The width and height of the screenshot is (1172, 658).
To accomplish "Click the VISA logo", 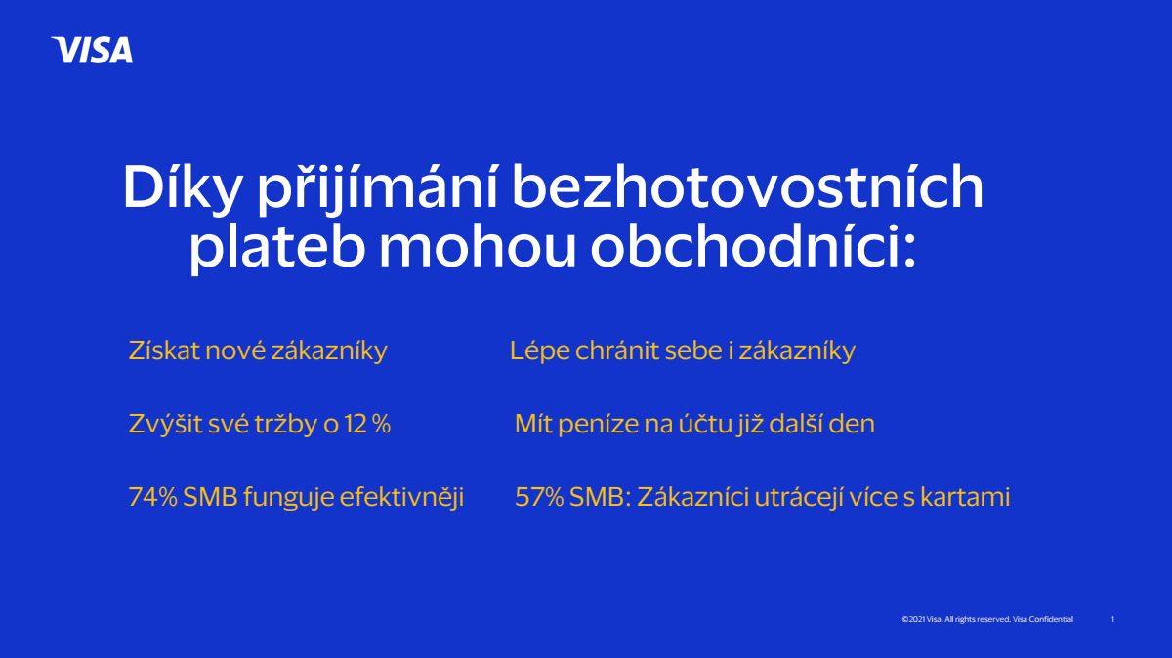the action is (x=92, y=50).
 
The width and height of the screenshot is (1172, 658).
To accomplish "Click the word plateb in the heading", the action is (x=276, y=246).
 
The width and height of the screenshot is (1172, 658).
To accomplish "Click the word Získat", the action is (x=164, y=350).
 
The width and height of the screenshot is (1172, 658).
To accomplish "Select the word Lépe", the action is (x=539, y=351).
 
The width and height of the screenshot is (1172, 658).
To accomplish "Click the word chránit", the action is (x=617, y=350).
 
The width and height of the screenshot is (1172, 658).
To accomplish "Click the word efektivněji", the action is (x=401, y=498).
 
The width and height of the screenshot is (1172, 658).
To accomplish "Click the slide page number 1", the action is (x=1112, y=619).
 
